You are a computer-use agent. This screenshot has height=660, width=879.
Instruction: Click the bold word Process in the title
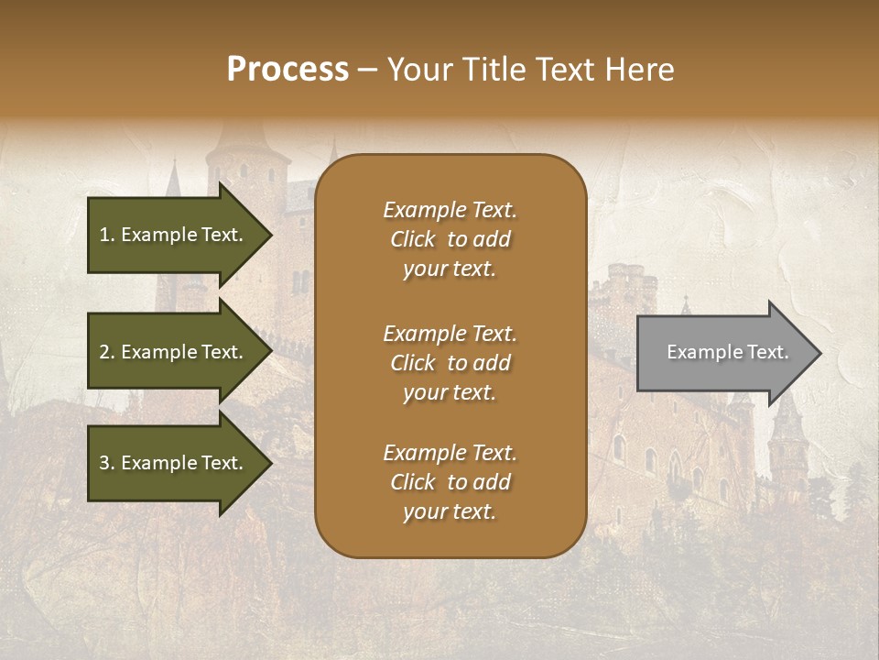(x=288, y=70)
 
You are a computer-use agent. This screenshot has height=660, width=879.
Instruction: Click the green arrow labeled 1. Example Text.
(x=174, y=235)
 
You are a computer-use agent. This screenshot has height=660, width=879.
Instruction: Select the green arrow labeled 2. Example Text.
(x=174, y=352)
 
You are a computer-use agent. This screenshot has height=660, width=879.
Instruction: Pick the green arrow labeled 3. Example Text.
(x=174, y=463)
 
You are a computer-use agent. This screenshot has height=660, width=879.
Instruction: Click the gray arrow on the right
(x=723, y=352)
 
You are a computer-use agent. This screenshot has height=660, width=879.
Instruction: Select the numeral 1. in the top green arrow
(x=106, y=235)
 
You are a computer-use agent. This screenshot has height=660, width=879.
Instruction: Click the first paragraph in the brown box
(x=450, y=239)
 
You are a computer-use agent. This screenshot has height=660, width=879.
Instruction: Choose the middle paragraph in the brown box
(x=450, y=363)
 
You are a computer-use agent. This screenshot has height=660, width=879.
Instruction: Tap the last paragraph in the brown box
(x=450, y=482)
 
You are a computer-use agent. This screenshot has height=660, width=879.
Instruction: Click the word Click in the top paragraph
(x=413, y=239)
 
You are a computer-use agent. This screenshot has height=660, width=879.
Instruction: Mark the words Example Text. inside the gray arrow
(x=727, y=352)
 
